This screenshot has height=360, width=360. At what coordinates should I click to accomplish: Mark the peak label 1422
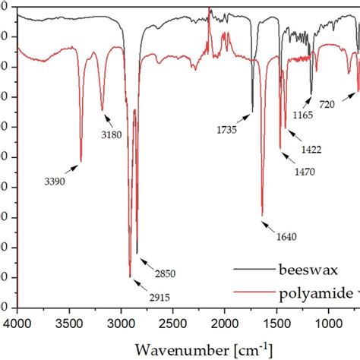pyautogui.click(x=311, y=150)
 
